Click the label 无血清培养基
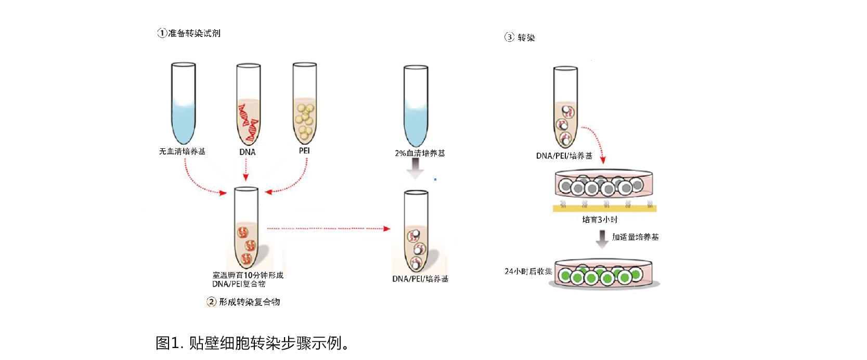(182, 151)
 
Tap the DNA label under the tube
(248, 152)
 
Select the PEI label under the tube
(304, 150)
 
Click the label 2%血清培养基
(420, 153)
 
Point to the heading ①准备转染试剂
(189, 33)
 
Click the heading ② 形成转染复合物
(243, 302)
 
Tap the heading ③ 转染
(520, 37)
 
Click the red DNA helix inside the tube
(248, 122)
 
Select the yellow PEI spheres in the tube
(305, 121)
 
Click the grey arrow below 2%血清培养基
(415, 169)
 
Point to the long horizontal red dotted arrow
(329, 228)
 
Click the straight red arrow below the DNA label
(246, 170)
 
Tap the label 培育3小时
(600, 220)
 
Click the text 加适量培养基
(635, 237)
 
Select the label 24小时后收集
(528, 272)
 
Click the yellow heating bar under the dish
(604, 209)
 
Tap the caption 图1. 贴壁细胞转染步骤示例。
(253, 343)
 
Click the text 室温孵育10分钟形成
(248, 275)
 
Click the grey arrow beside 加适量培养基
(602, 239)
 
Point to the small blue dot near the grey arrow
(435, 179)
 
